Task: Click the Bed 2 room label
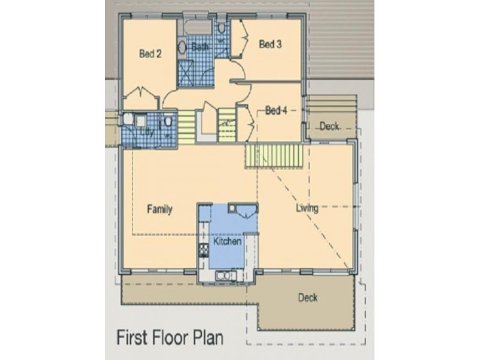pos(150,53)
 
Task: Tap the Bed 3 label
pos(270,44)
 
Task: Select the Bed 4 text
pos(277,110)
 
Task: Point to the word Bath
pos(200,47)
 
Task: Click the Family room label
pos(160,209)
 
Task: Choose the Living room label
pos(307,208)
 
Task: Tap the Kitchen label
pos(227,241)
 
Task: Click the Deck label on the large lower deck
pos(308,298)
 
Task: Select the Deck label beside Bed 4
pos(329,126)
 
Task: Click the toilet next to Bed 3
pos(221,28)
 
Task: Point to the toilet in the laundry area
pos(169,122)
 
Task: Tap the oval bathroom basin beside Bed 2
pos(181,47)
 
